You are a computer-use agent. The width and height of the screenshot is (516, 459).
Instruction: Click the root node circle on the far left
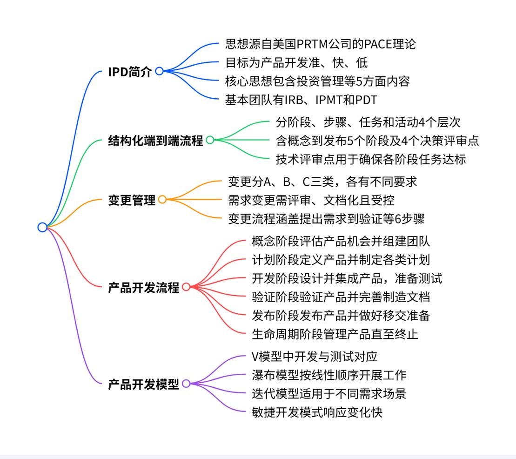pos(42,227)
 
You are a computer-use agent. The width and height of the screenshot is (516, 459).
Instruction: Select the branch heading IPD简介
pos(130,72)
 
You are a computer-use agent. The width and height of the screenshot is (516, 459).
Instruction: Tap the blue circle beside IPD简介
pos(159,71)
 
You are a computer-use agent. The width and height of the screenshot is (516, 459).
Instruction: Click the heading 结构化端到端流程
pos(155,141)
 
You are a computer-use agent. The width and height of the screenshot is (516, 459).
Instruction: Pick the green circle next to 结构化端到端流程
pos(210,140)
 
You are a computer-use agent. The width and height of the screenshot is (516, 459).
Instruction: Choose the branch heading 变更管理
pos(132,200)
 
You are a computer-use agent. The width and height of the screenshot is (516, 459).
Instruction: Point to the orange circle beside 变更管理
pos(162,200)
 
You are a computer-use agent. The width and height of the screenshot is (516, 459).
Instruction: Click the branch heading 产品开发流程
pos(143,288)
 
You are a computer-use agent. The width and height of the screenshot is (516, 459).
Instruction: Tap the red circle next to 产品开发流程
pos(186,287)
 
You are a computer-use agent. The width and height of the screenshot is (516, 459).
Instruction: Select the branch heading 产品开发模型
pos(143,385)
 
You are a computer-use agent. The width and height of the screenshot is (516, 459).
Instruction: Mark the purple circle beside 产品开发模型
pos(186,384)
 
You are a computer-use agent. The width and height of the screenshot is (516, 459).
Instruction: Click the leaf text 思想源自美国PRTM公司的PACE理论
pos(320,44)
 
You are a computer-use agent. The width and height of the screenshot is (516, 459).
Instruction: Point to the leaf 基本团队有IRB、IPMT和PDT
pos(301,100)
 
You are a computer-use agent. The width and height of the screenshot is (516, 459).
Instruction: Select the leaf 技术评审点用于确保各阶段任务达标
pos(370,159)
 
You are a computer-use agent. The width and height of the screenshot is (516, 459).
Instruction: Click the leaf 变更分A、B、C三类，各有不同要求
pos(322,182)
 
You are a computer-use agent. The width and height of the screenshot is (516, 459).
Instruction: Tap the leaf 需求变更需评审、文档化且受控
pos(311,200)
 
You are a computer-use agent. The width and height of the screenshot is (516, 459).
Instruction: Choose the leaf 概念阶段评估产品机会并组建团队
pos(341,241)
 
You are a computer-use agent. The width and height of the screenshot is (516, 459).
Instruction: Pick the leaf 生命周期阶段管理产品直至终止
pos(335,334)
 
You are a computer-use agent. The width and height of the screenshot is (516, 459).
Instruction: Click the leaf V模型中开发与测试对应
pos(314,357)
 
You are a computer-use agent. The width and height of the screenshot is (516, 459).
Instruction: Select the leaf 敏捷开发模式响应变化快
pos(317,412)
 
